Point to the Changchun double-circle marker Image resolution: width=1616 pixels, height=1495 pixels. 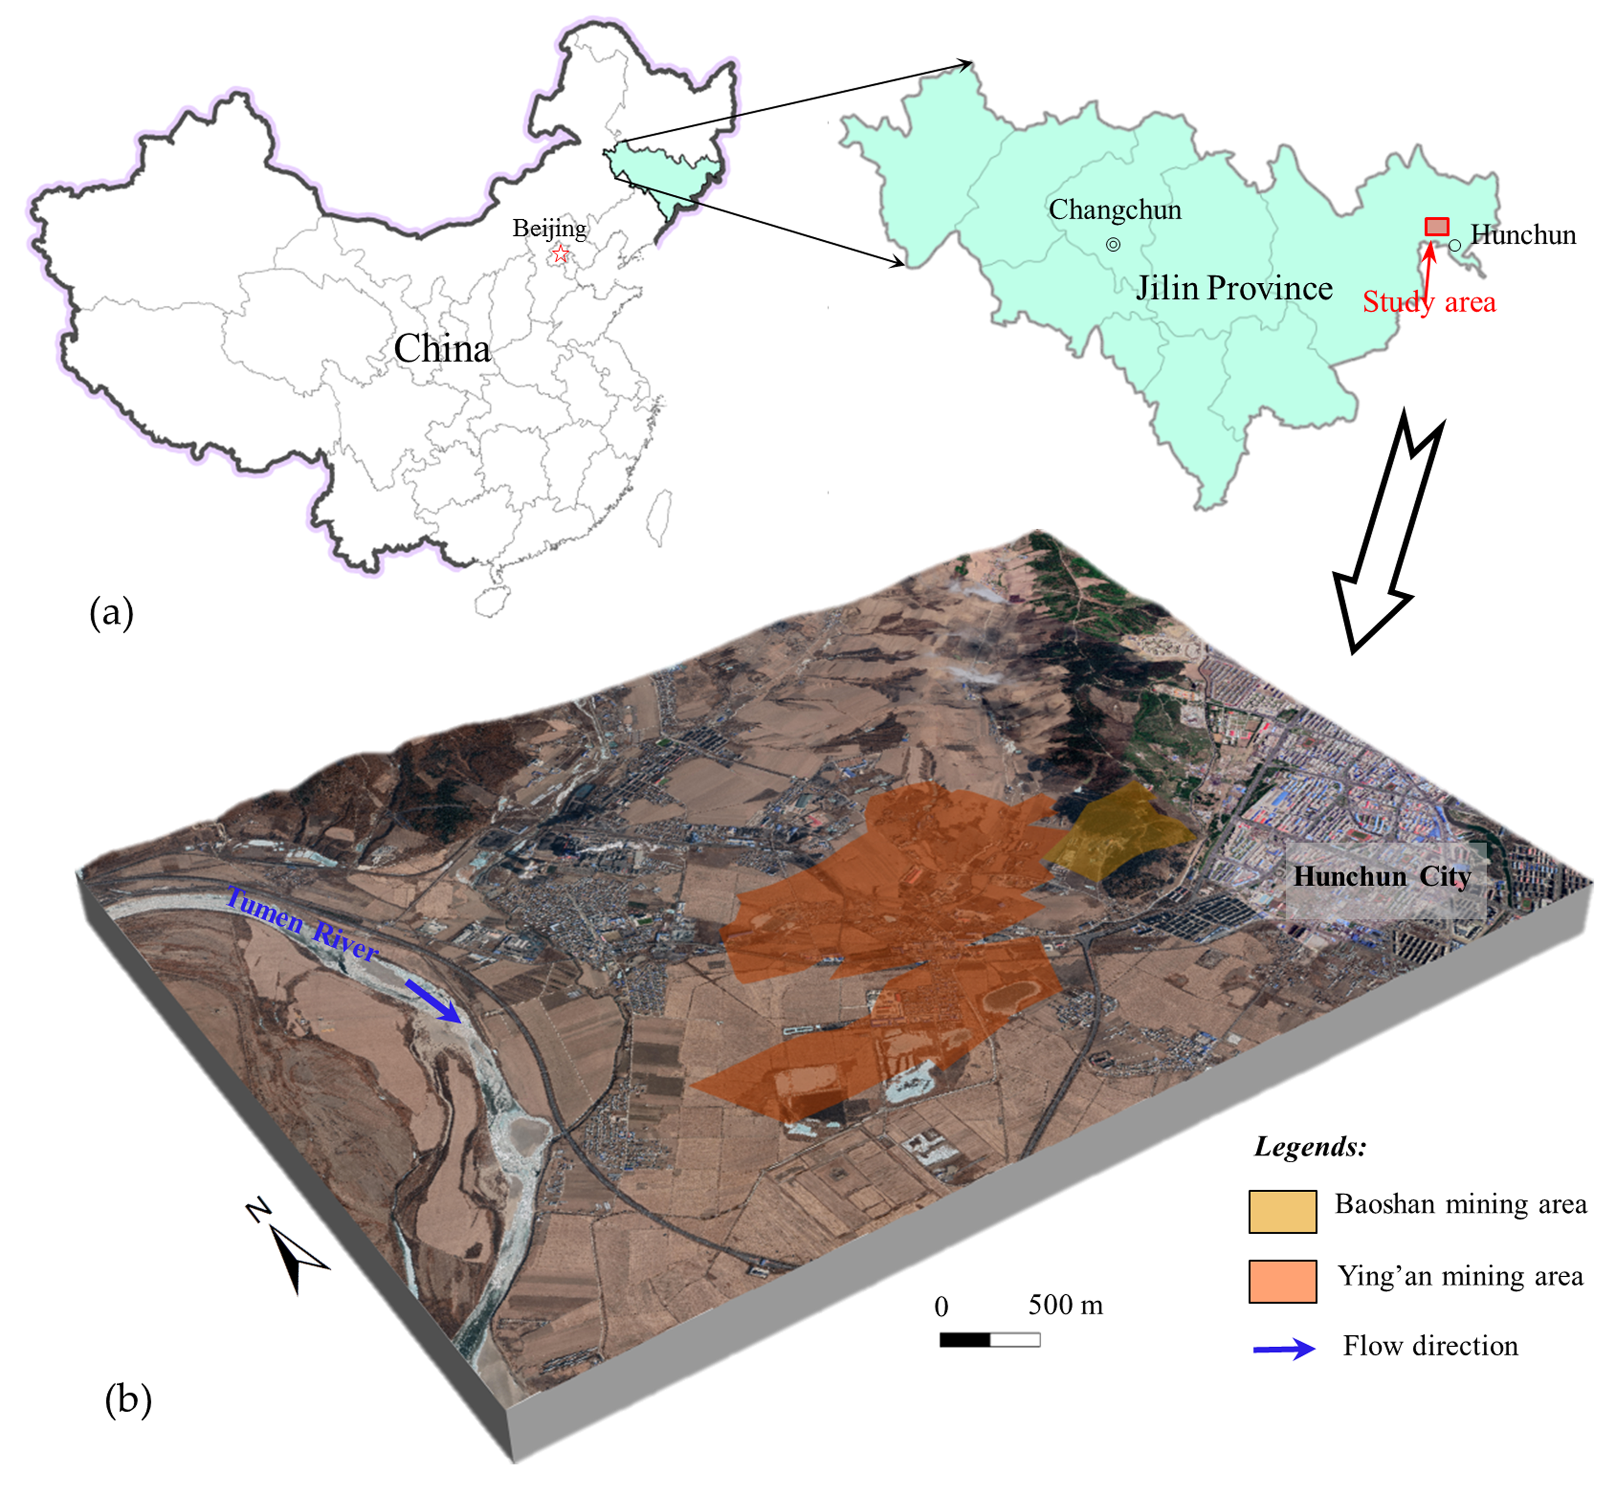click(x=1113, y=244)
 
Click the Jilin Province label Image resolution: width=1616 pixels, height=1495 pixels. click(x=1233, y=288)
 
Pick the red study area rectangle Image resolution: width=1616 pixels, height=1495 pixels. click(x=1437, y=226)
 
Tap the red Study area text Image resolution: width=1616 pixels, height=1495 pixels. click(x=1428, y=302)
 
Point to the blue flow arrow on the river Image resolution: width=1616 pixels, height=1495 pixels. click(x=433, y=1001)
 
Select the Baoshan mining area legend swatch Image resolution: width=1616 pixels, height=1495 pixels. click(x=1282, y=1211)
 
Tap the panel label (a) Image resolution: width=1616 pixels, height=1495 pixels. click(x=111, y=612)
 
